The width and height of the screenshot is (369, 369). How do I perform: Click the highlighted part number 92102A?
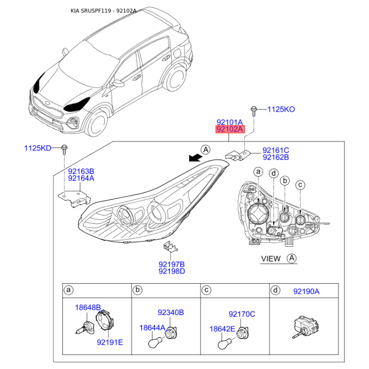(x=230, y=129)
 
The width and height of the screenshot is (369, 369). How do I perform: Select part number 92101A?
(x=229, y=122)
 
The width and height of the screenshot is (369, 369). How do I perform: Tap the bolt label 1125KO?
(x=281, y=109)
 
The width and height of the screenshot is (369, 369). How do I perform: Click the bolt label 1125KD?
(x=38, y=148)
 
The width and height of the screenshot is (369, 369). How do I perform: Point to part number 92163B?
(x=81, y=171)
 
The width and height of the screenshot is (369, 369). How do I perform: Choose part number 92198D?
(x=172, y=271)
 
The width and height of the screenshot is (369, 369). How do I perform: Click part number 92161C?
(x=276, y=150)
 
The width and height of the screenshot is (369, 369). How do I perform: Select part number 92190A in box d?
(x=306, y=292)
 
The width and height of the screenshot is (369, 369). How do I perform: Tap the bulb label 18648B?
(x=88, y=307)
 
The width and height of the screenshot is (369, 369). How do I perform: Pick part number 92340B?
(x=171, y=313)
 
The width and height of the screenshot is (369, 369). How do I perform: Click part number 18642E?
(x=222, y=329)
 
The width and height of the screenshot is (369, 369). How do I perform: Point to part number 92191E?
(x=110, y=342)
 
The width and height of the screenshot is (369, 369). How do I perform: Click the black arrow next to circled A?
(x=195, y=158)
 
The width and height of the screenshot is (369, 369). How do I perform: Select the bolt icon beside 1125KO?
(x=254, y=111)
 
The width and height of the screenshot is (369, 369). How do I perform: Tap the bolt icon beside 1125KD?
(x=64, y=149)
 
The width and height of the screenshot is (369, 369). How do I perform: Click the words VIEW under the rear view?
(x=271, y=259)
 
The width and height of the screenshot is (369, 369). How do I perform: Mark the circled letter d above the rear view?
(x=274, y=174)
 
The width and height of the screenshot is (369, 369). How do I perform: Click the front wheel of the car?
(x=97, y=125)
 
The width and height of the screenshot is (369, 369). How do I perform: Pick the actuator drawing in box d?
(x=305, y=326)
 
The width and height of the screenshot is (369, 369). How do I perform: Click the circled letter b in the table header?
(x=137, y=290)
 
